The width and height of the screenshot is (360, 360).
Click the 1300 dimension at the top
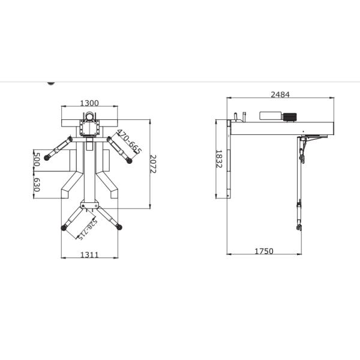tap(89, 103)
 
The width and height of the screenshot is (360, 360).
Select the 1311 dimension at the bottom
tap(89, 255)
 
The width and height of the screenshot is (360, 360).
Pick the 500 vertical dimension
tap(37, 160)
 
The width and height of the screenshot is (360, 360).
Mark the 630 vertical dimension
tap(37, 185)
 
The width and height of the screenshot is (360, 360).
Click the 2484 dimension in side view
tap(280, 94)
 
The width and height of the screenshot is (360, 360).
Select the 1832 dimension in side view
tap(219, 159)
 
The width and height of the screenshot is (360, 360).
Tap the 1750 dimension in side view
tap(263, 251)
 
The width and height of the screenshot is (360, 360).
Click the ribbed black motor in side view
tap(291, 116)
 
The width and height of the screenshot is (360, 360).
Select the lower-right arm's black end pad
tap(119, 226)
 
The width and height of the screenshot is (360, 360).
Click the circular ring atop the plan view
tap(89, 116)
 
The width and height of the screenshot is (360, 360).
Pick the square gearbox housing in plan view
tap(89, 128)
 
